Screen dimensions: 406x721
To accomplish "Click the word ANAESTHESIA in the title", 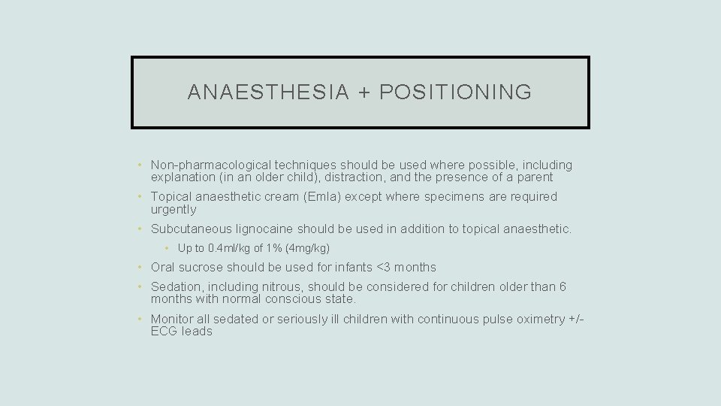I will tap(268, 92).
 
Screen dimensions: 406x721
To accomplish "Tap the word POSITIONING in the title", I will tap(456, 92).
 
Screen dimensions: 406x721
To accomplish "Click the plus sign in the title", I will tap(364, 92).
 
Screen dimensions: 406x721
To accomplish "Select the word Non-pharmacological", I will tap(206, 165).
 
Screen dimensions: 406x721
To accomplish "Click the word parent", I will tap(534, 177).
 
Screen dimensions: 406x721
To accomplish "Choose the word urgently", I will tap(173, 209).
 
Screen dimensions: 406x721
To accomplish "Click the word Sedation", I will tap(176, 286).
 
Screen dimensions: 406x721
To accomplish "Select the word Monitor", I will tap(173, 319).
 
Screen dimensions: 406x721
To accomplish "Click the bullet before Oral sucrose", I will tap(140, 267).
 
